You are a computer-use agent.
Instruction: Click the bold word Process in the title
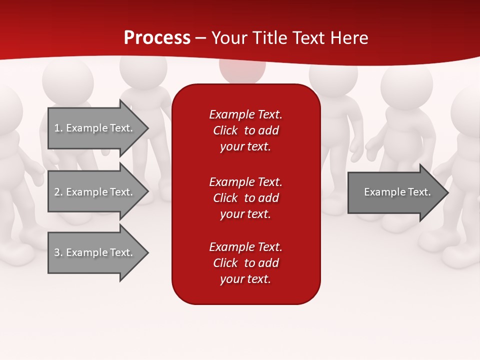(x=157, y=38)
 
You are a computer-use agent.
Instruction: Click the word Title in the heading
(x=269, y=38)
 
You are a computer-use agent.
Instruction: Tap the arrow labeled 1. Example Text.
(x=93, y=128)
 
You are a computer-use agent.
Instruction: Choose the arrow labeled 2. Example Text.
(x=93, y=192)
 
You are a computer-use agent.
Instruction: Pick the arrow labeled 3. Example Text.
(x=93, y=252)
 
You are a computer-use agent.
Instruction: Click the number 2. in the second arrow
(x=58, y=192)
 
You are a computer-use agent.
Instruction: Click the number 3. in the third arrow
(x=58, y=252)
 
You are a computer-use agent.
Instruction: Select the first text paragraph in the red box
(x=245, y=130)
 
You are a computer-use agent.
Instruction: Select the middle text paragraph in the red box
(x=245, y=197)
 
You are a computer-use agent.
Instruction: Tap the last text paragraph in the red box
(x=245, y=263)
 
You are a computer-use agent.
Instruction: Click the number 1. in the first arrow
(x=58, y=128)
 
